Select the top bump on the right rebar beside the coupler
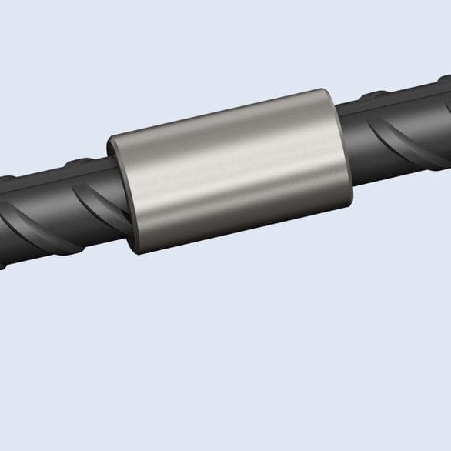coord(373,95)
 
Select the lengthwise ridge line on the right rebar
coord(400,108)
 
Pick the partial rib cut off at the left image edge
coord(6,231)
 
